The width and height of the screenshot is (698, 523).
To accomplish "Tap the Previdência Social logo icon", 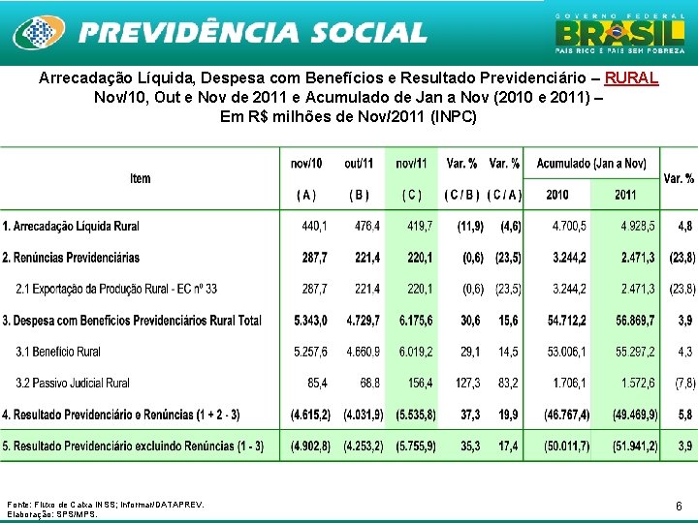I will [x=38, y=34].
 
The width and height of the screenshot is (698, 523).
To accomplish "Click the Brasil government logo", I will [x=618, y=34].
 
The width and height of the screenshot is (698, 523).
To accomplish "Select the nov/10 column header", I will [x=306, y=164].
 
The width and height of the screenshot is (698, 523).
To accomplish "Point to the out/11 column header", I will [x=359, y=164].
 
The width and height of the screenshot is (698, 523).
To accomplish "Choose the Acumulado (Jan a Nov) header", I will [x=591, y=164].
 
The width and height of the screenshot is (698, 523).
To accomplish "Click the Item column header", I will [x=141, y=178].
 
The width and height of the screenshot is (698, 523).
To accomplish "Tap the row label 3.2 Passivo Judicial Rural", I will [x=73, y=384].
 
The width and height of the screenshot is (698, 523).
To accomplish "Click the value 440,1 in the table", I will [x=314, y=226].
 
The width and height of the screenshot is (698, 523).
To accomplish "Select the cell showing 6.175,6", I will [x=416, y=321].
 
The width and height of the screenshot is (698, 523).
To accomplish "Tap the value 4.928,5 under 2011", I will [x=638, y=226].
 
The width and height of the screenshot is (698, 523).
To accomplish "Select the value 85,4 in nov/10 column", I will [x=317, y=384].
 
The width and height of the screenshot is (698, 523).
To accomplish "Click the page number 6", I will [x=679, y=506].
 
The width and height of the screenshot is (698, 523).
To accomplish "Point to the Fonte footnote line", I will [x=106, y=505].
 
